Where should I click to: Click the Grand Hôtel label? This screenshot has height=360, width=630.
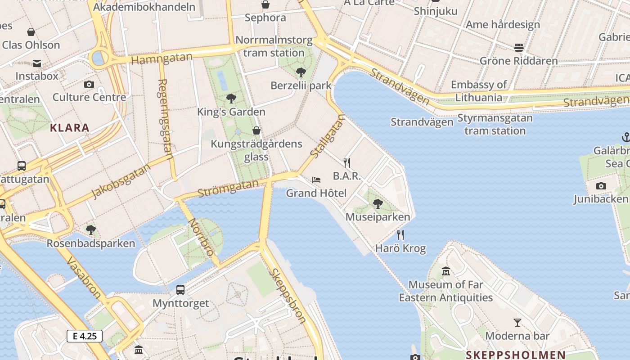[316, 193]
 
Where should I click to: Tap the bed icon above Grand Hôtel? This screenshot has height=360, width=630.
[316, 180]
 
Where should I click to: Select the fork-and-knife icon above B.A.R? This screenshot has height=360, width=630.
[347, 162]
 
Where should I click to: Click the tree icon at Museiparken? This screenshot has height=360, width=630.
[378, 204]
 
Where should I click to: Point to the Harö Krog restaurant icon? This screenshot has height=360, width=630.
[400, 234]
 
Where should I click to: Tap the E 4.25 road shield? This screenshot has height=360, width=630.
[85, 336]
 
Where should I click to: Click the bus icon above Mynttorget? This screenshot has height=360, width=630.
[180, 289]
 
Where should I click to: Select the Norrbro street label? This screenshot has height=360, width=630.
[201, 237]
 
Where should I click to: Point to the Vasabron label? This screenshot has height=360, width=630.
[84, 278]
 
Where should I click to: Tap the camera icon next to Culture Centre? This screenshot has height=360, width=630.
[89, 84]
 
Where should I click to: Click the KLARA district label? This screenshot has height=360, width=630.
[70, 128]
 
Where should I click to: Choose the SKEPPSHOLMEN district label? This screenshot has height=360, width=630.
[515, 355]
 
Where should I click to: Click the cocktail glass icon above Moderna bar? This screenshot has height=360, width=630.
[517, 322]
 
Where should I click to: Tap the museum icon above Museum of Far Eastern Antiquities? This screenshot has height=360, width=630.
[446, 271]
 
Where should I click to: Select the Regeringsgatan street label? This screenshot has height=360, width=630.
[166, 119]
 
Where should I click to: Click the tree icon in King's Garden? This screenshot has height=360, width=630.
[231, 98]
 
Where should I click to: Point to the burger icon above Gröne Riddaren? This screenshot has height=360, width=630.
[519, 47]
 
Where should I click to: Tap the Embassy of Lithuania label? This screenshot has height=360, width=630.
[479, 91]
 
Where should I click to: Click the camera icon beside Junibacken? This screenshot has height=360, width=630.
[601, 186]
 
